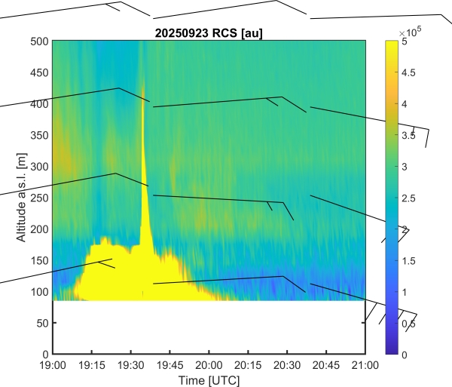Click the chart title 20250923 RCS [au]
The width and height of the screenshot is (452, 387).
pos(208,32)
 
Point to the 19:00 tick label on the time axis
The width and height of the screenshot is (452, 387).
pos(52,364)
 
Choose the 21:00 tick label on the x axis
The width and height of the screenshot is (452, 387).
pos(365,364)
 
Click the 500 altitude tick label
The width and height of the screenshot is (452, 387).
pos(39,41)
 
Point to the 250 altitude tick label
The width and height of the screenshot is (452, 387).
pos(39,198)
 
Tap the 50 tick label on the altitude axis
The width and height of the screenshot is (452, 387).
pos(42,323)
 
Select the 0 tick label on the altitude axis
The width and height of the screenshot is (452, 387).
pos(45,354)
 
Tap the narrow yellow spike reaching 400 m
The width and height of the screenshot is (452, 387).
pos(143,151)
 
